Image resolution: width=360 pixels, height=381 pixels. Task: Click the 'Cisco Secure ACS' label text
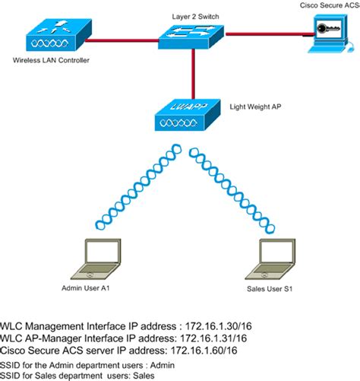328,4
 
